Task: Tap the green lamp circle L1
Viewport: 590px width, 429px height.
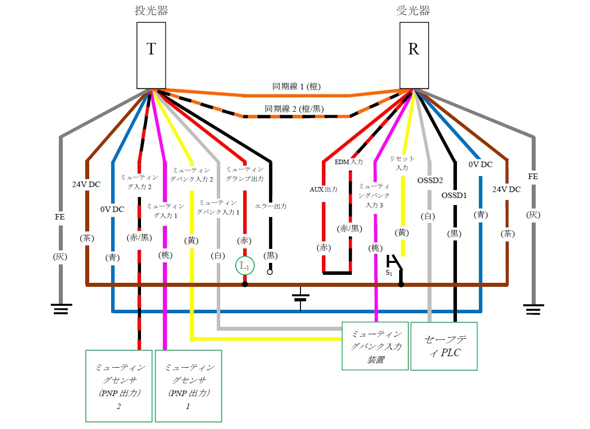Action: click(245, 266)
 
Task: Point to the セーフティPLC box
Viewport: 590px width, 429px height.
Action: click(443, 346)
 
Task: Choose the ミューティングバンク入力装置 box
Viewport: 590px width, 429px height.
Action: click(375, 346)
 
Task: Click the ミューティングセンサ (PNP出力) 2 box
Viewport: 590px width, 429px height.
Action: click(119, 386)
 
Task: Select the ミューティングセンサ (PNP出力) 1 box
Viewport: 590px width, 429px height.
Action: click(188, 386)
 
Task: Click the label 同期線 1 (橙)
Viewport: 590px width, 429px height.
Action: click(296, 86)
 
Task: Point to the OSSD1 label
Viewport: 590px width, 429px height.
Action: click(453, 196)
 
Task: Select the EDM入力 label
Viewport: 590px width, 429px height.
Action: click(349, 162)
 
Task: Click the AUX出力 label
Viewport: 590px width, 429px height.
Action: click(324, 190)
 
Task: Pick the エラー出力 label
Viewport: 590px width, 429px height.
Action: click(271, 206)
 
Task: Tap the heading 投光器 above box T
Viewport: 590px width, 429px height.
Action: click(151, 11)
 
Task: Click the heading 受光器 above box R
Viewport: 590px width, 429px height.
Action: click(414, 11)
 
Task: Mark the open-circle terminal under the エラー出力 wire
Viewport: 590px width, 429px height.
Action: click(271, 272)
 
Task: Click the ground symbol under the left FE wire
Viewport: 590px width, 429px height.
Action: click(61, 309)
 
